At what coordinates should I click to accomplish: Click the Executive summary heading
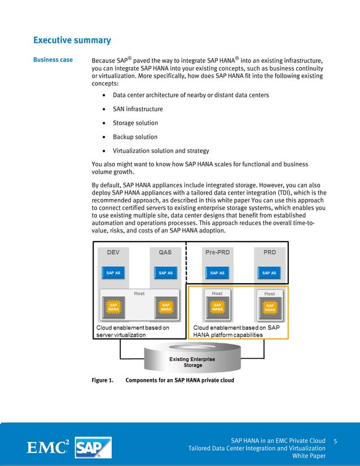click(72, 41)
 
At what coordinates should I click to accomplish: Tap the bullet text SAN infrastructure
click(138, 109)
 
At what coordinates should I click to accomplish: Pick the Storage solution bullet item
click(135, 123)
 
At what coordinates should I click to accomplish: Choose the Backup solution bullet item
click(135, 137)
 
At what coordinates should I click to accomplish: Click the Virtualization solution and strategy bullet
click(161, 151)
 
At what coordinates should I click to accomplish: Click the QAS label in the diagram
click(165, 253)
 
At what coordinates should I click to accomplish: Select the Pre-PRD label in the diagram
click(217, 253)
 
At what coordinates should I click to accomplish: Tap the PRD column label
click(270, 253)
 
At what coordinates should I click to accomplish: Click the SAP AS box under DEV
click(113, 273)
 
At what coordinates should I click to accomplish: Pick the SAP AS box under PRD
click(269, 273)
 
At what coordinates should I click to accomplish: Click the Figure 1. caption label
click(103, 380)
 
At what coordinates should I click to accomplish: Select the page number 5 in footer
click(336, 440)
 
